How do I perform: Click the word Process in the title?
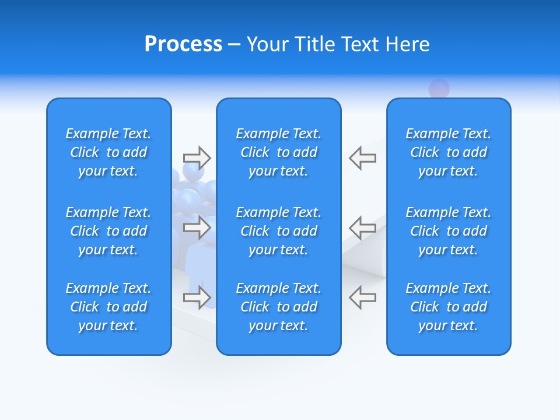[x=183, y=44]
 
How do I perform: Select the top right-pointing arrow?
[x=197, y=157]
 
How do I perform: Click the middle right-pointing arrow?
[x=197, y=228]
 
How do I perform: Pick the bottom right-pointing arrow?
[x=197, y=297]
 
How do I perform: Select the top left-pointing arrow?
[x=362, y=157]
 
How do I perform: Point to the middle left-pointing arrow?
[x=362, y=228]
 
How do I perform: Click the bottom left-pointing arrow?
[x=362, y=297]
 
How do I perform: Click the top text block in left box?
[x=108, y=152]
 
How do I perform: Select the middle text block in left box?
[x=108, y=231]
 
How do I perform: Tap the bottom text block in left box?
[x=108, y=307]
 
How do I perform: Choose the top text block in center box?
[x=279, y=152]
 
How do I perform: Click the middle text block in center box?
[x=279, y=231]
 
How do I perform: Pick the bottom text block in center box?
[x=279, y=307]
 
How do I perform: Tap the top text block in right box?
[x=449, y=152]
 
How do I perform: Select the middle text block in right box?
[x=449, y=231]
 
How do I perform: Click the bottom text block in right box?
[x=449, y=307]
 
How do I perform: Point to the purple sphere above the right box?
[x=439, y=89]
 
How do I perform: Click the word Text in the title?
[x=362, y=44]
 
